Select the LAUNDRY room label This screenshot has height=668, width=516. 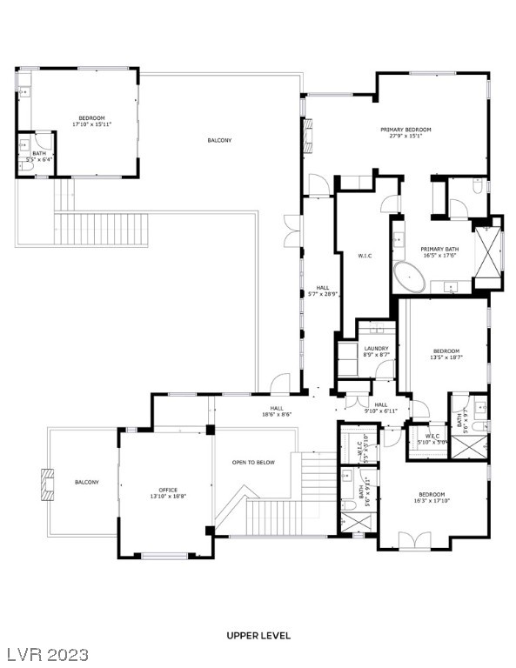pos(376,349)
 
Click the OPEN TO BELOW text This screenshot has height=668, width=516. pos(253,462)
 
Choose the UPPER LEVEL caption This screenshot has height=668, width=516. pos(258,636)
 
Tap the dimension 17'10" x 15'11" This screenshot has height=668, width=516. pos(92,124)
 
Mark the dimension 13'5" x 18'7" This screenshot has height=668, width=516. pos(446,357)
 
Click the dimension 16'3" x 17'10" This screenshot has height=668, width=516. pos(432,500)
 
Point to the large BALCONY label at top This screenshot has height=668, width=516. pos(219,140)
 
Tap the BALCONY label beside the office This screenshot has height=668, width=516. pos(86,482)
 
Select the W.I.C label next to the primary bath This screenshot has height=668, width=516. pos(365,256)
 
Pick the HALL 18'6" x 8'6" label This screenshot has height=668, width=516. pos(277,411)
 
